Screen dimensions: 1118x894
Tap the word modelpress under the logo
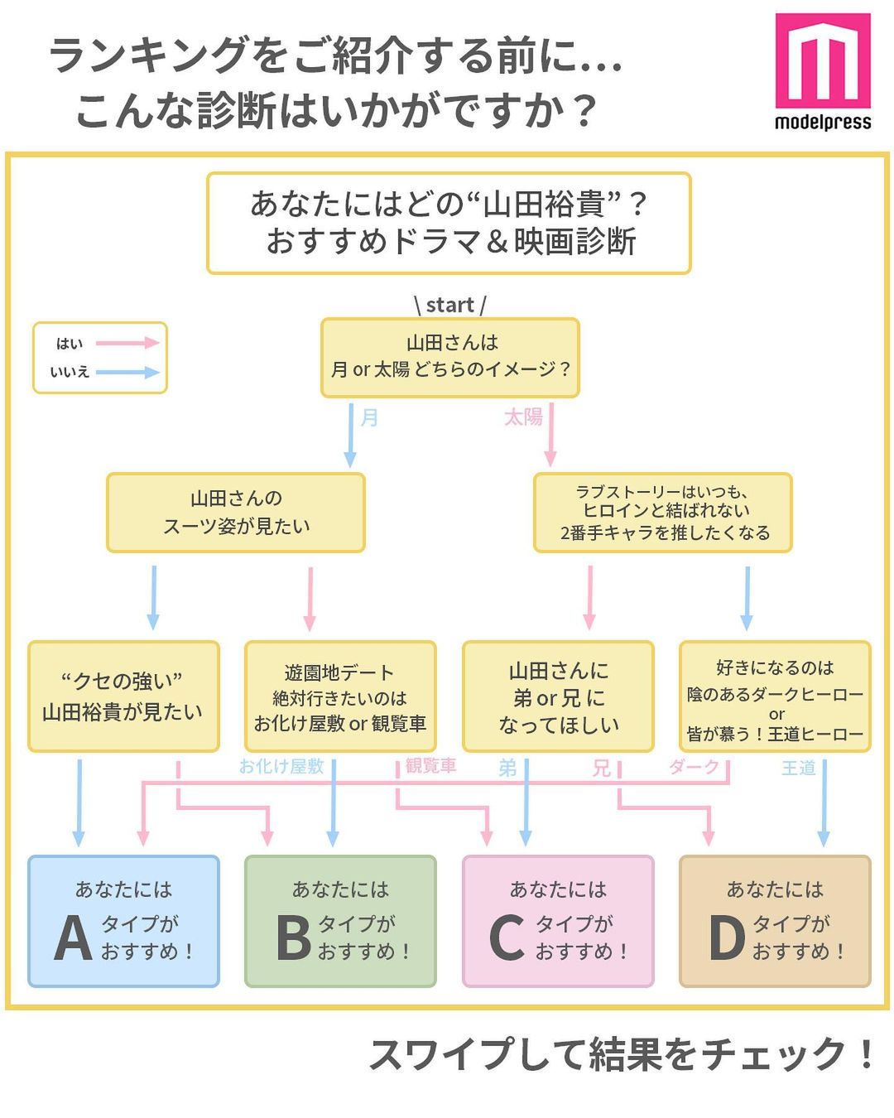(x=823, y=123)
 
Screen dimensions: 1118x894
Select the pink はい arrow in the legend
(x=127, y=343)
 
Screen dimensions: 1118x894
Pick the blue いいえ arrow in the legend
(x=127, y=372)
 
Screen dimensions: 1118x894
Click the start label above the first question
(x=449, y=305)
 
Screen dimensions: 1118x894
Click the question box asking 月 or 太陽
(x=449, y=357)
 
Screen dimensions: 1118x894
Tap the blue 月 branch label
(x=369, y=417)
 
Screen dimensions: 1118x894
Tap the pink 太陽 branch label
(x=523, y=417)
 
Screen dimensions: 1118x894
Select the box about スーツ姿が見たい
(x=236, y=513)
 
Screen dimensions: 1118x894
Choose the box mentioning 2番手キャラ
(x=663, y=513)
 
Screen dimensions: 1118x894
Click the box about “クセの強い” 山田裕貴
(x=123, y=696)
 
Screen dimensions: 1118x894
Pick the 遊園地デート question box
(x=340, y=696)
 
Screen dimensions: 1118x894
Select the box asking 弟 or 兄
(x=558, y=696)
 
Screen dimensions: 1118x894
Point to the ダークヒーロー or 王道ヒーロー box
(x=775, y=696)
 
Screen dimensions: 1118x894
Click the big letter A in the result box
(x=73, y=938)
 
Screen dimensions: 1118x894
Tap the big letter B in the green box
(x=293, y=938)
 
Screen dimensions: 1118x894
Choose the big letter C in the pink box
(x=507, y=938)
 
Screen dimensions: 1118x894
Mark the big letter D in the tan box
(x=727, y=938)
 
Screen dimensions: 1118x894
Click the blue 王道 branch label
(x=799, y=768)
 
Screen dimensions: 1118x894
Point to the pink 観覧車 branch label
(x=430, y=766)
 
